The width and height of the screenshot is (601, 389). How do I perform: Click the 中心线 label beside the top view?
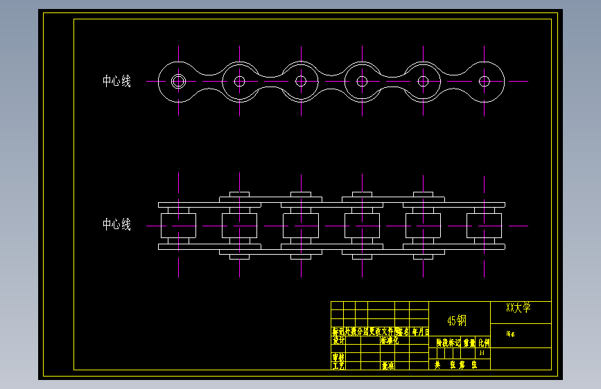coord(116,81)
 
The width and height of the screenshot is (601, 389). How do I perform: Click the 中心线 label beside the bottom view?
coord(116,224)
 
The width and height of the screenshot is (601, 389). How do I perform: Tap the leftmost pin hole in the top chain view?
coord(178,81)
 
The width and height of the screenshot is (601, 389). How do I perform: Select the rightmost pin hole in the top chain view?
coord(485,81)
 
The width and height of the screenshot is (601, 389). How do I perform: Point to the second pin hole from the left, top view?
coord(240,81)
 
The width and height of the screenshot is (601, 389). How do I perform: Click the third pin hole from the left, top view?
coord(301,81)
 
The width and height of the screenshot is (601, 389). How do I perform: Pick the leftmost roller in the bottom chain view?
coord(178,225)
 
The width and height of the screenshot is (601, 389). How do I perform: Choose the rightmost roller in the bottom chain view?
coord(485,225)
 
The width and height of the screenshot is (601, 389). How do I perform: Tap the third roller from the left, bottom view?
coord(301,225)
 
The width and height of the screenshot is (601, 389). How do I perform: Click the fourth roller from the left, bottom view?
coord(362,225)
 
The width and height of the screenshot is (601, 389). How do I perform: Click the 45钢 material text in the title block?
coord(457,320)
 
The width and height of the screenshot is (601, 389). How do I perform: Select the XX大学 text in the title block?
coord(518,308)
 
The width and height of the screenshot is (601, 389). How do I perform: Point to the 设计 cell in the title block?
coord(338,341)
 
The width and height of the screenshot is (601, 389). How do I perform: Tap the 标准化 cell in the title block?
coord(389,341)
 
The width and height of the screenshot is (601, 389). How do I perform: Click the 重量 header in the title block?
coord(470,343)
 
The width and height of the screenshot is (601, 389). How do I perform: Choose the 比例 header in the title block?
coord(484,343)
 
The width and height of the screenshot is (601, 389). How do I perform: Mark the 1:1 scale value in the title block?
coord(482,353)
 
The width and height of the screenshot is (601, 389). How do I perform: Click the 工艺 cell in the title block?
coord(338,365)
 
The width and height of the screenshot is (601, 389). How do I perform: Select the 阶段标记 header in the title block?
coord(448,343)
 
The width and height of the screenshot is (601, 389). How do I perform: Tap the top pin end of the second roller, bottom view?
coord(239,194)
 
